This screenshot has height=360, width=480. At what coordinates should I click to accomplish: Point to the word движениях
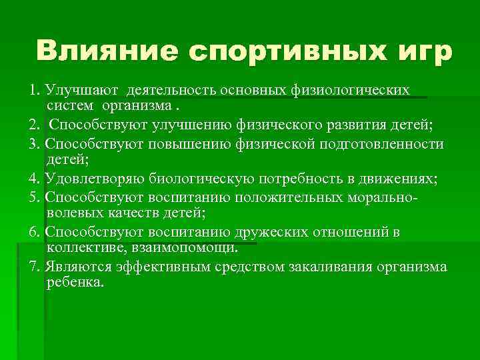click(395, 179)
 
